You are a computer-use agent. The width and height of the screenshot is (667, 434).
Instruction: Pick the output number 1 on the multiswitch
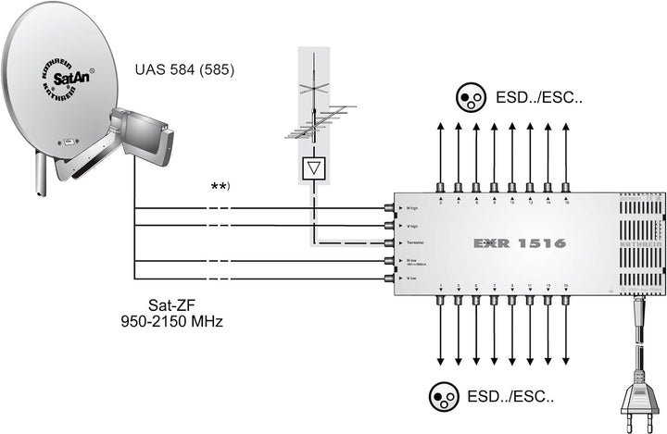442,286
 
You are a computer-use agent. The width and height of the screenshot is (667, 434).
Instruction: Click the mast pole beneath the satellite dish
39,176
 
